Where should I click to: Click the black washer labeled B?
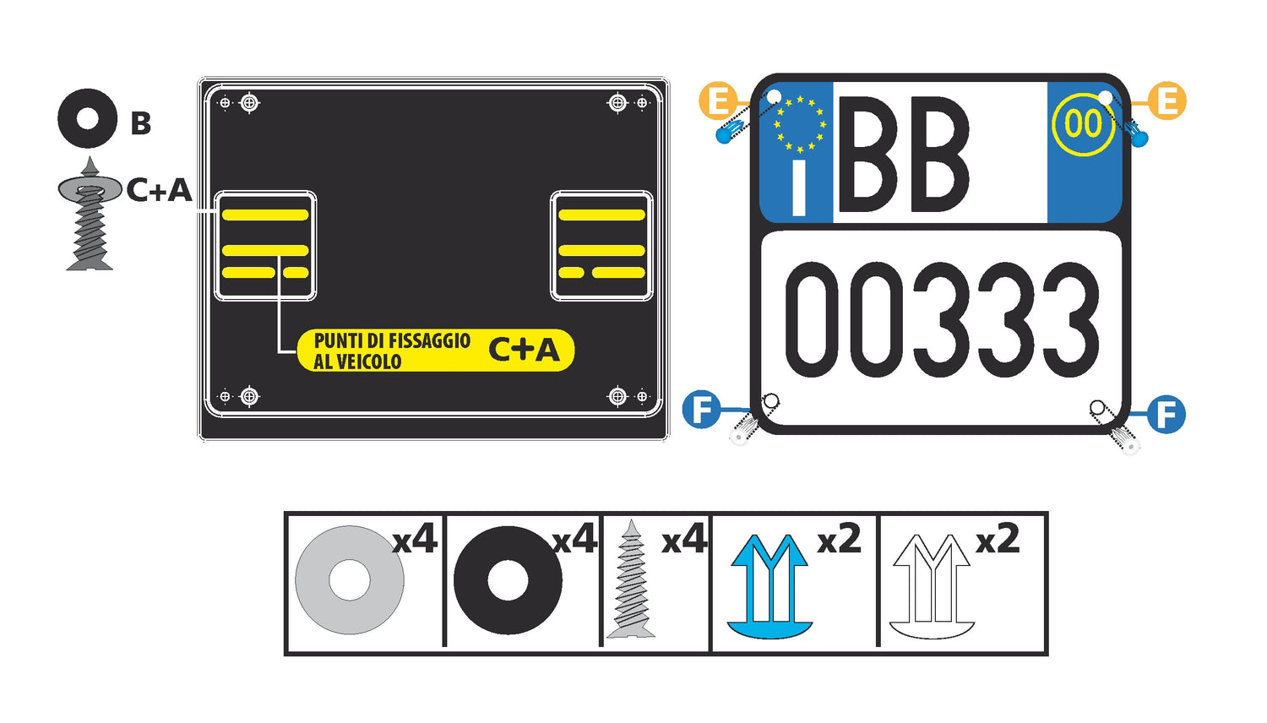click(88, 119)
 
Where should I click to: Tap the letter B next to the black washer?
click(141, 122)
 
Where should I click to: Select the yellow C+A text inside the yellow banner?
click(525, 350)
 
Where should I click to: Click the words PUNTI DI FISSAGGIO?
click(392, 340)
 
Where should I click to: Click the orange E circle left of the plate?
click(718, 101)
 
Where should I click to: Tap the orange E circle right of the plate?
click(1167, 101)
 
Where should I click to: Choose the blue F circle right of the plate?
click(1166, 414)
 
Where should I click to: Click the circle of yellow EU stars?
click(800, 124)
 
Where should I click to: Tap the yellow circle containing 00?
click(1083, 124)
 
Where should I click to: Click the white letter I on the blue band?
click(799, 188)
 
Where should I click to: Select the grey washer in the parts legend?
click(350, 580)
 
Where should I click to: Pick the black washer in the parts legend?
click(508, 580)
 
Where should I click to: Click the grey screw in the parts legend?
click(631, 579)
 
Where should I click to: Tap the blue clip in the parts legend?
click(769, 586)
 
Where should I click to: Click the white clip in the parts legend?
click(932, 586)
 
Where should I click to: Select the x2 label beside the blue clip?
click(840, 539)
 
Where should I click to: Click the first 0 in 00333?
click(813, 319)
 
